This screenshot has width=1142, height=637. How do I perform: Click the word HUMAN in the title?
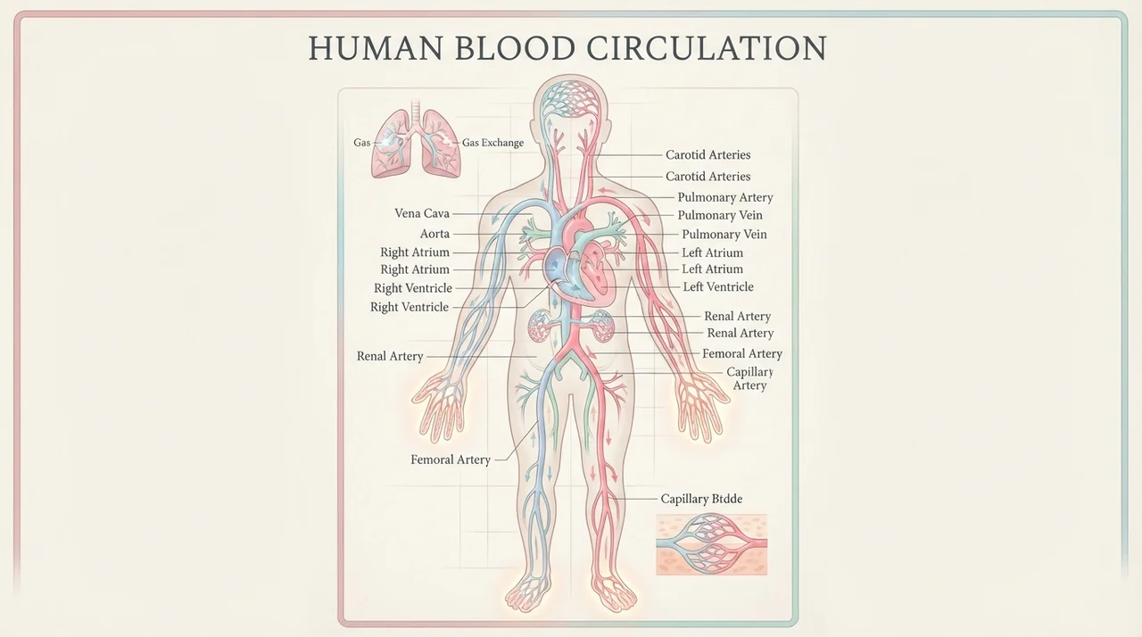376,48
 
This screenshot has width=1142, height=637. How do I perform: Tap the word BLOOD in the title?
515,48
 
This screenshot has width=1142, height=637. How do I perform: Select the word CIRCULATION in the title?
707,48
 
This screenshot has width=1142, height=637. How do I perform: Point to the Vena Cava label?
422,213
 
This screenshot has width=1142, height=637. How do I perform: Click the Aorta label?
434,234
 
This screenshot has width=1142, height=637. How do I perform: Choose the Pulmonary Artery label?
725,197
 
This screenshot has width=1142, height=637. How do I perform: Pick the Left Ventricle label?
718,287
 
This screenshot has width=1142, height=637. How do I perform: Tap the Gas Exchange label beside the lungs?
492,143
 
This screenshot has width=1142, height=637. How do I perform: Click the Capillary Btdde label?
701,499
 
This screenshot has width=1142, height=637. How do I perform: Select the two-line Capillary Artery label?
749,378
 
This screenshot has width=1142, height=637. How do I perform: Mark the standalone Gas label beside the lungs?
362,143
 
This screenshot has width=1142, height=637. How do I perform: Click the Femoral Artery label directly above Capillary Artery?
741,353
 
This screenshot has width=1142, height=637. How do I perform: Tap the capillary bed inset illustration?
712,545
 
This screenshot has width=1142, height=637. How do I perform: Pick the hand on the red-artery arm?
702,406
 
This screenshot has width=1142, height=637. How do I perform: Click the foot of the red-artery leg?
614,592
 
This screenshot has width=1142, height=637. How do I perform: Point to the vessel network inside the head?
571,99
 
